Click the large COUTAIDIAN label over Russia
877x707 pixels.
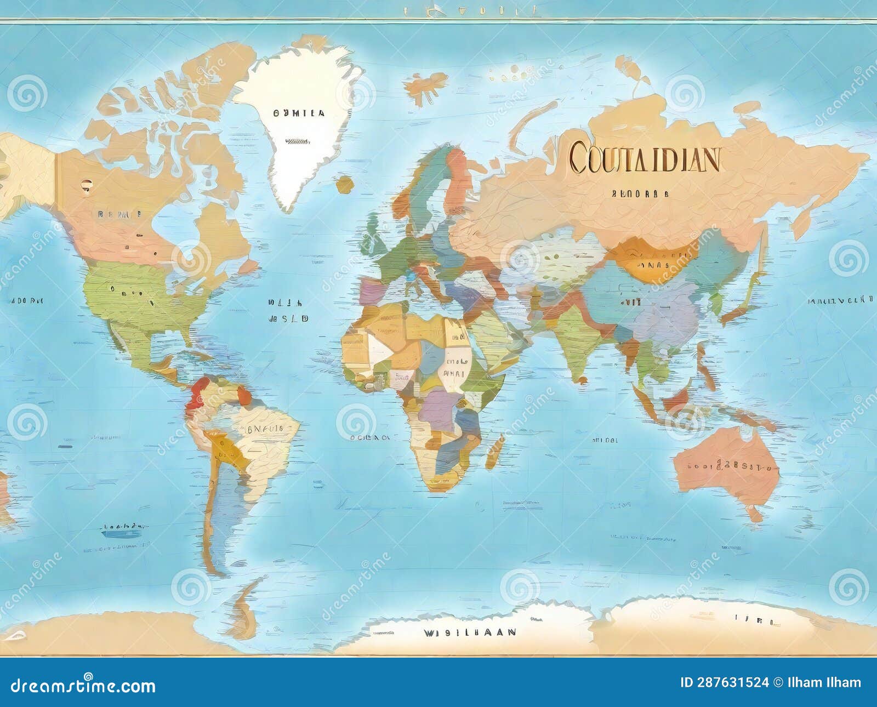(x=644, y=158)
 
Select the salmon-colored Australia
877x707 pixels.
(x=724, y=466)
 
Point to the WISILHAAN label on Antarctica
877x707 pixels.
(x=469, y=632)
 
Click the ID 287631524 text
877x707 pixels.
(x=724, y=683)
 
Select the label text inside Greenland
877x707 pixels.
(x=299, y=113)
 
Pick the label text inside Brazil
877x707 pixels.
(x=264, y=429)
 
